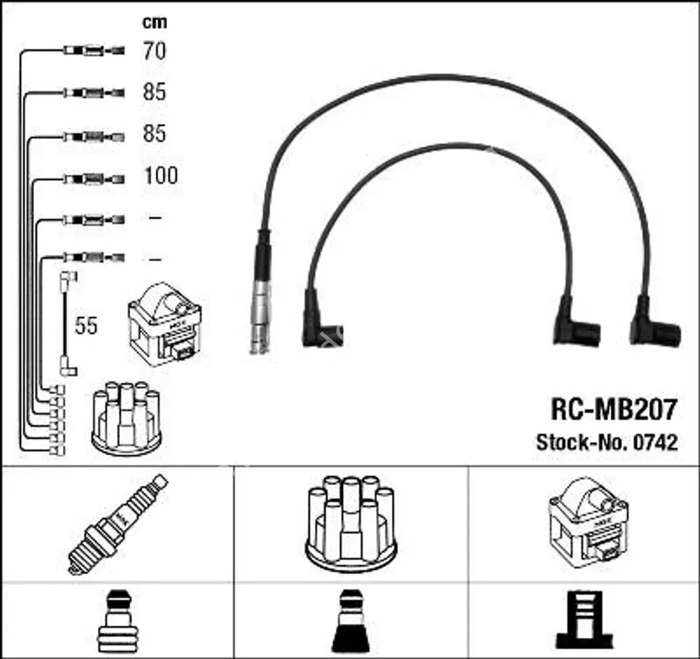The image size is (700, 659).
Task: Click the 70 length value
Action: pos(154,51)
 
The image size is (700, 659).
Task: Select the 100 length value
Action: pos(161,176)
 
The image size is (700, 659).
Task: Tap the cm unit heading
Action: pos(155,22)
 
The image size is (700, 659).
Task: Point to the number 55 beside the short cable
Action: pos(86,325)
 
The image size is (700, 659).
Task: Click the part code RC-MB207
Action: pos(614,409)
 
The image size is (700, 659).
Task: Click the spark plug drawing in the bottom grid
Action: pos(117,525)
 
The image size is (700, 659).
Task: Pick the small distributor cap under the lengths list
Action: pos(126,419)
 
